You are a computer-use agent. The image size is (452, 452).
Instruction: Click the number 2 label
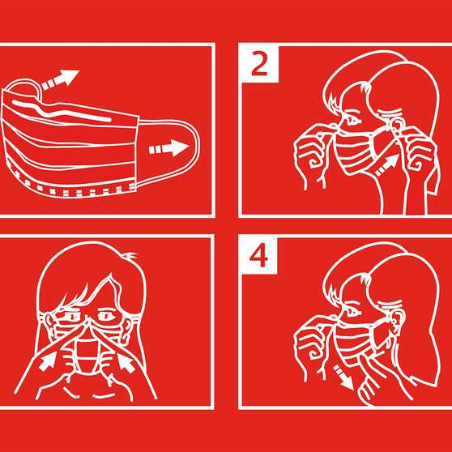[x=259, y=65]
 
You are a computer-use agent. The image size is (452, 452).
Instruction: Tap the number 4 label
[x=258, y=256]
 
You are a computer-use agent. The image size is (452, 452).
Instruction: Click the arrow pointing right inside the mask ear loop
[x=169, y=148]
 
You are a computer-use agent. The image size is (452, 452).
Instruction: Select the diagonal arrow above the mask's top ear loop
[x=60, y=79]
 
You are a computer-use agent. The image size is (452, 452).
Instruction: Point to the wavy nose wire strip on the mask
[x=62, y=111]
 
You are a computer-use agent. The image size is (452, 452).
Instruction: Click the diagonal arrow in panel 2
[x=387, y=165]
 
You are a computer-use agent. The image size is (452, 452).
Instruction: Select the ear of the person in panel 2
[x=396, y=126]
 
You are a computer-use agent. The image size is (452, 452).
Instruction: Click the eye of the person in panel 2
[x=352, y=119]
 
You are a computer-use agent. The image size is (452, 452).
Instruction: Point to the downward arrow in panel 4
[x=343, y=377]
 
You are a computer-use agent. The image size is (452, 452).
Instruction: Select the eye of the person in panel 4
[x=352, y=311]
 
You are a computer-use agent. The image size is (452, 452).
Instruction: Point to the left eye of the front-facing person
[x=71, y=316]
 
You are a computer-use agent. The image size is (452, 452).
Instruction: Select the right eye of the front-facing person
[x=106, y=315]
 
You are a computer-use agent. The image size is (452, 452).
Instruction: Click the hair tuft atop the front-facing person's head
[x=129, y=255]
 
